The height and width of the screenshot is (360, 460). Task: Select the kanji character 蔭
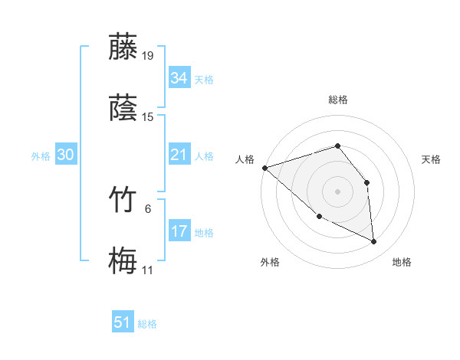pyautogui.click(x=123, y=108)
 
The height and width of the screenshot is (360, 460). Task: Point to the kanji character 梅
pyautogui.click(x=123, y=260)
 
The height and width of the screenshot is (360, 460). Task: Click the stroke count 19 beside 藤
pyautogui.click(x=148, y=55)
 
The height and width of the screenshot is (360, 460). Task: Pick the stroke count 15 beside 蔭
pyautogui.click(x=148, y=117)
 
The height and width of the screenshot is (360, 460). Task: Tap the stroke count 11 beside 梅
pyautogui.click(x=148, y=270)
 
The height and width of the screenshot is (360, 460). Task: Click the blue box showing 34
pyautogui.click(x=179, y=78)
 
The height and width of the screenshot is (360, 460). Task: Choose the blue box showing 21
pyautogui.click(x=179, y=155)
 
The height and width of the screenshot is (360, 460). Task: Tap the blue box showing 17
pyautogui.click(x=179, y=231)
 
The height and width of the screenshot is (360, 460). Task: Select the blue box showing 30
pyautogui.click(x=66, y=155)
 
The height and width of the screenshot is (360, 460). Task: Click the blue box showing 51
pyautogui.click(x=123, y=323)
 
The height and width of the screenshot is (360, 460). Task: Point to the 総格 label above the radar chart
pyautogui.click(x=338, y=100)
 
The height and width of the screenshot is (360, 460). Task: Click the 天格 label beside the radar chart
pyautogui.click(x=432, y=159)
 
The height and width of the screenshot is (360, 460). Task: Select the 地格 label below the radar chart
pyautogui.click(x=402, y=262)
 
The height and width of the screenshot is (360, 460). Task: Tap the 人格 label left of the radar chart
pyautogui.click(x=245, y=159)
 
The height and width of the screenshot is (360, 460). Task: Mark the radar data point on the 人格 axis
pyautogui.click(x=264, y=168)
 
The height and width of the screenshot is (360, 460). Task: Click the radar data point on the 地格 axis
pyautogui.click(x=374, y=242)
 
